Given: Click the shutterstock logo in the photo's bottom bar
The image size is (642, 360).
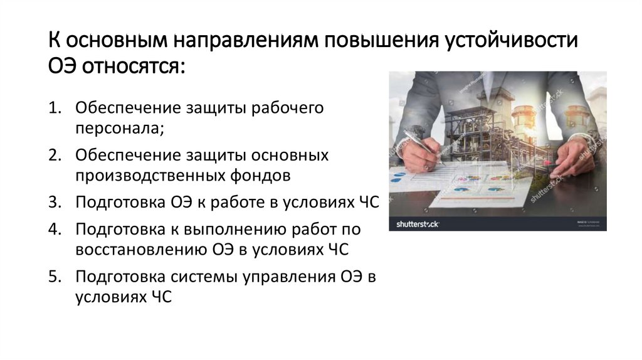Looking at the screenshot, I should [418, 223].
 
